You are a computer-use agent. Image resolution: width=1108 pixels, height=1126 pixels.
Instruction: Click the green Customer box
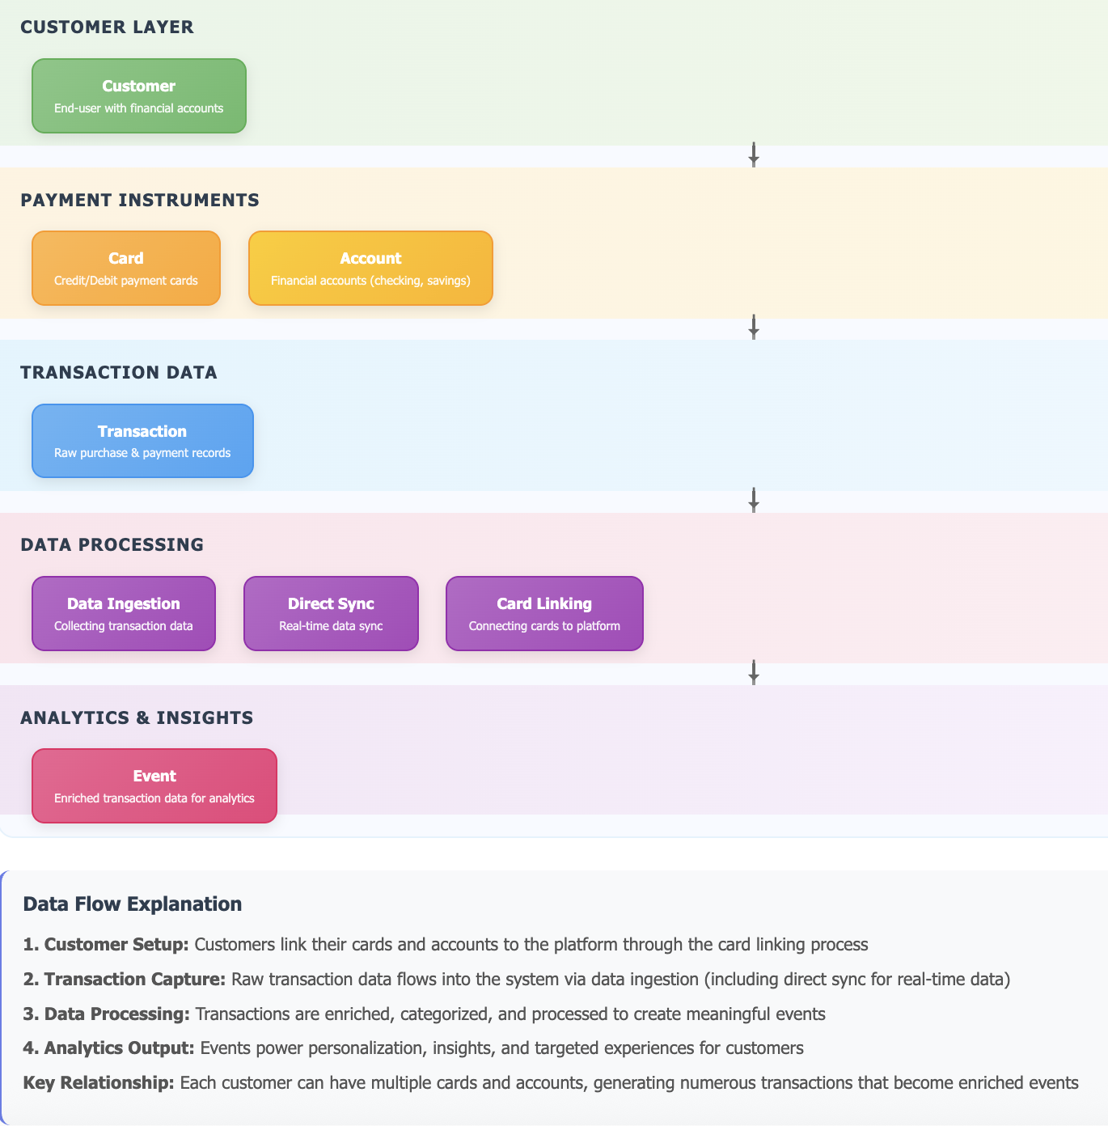[139, 95]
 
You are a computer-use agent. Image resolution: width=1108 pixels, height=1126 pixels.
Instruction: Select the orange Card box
[126, 269]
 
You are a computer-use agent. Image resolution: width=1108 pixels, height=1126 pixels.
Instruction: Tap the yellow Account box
[370, 269]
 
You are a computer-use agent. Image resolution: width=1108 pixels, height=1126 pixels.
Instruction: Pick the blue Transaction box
[142, 441]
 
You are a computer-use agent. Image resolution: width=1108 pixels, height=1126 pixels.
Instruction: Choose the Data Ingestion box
[124, 613]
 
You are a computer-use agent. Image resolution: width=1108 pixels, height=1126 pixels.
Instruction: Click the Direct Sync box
[331, 613]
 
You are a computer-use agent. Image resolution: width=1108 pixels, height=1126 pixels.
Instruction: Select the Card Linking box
[544, 613]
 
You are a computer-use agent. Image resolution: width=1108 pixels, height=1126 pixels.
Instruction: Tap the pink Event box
[154, 786]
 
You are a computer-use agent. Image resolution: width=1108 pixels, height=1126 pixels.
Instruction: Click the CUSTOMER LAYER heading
[107, 27]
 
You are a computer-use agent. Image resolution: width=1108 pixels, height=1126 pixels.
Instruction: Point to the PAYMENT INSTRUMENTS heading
[140, 200]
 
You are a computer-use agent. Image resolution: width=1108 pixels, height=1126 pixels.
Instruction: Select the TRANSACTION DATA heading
[119, 372]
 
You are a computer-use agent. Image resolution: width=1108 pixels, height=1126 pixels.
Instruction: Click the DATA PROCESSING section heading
[112, 544]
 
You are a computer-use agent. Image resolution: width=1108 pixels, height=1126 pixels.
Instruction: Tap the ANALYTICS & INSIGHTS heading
[137, 718]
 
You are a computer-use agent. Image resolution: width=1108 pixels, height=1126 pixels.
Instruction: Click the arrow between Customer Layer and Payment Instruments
[754, 155]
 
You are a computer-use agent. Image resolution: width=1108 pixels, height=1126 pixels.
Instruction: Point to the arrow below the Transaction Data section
[754, 500]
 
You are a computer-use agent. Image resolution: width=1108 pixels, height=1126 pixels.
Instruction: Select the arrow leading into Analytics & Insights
[754, 672]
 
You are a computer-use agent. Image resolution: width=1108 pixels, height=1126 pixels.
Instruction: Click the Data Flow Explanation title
[133, 904]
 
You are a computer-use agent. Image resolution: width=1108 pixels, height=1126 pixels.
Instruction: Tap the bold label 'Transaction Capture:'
[125, 980]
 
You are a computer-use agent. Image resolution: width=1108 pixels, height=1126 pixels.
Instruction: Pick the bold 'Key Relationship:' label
[99, 1083]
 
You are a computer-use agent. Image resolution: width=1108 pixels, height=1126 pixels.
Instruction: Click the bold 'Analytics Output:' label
[108, 1048]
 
